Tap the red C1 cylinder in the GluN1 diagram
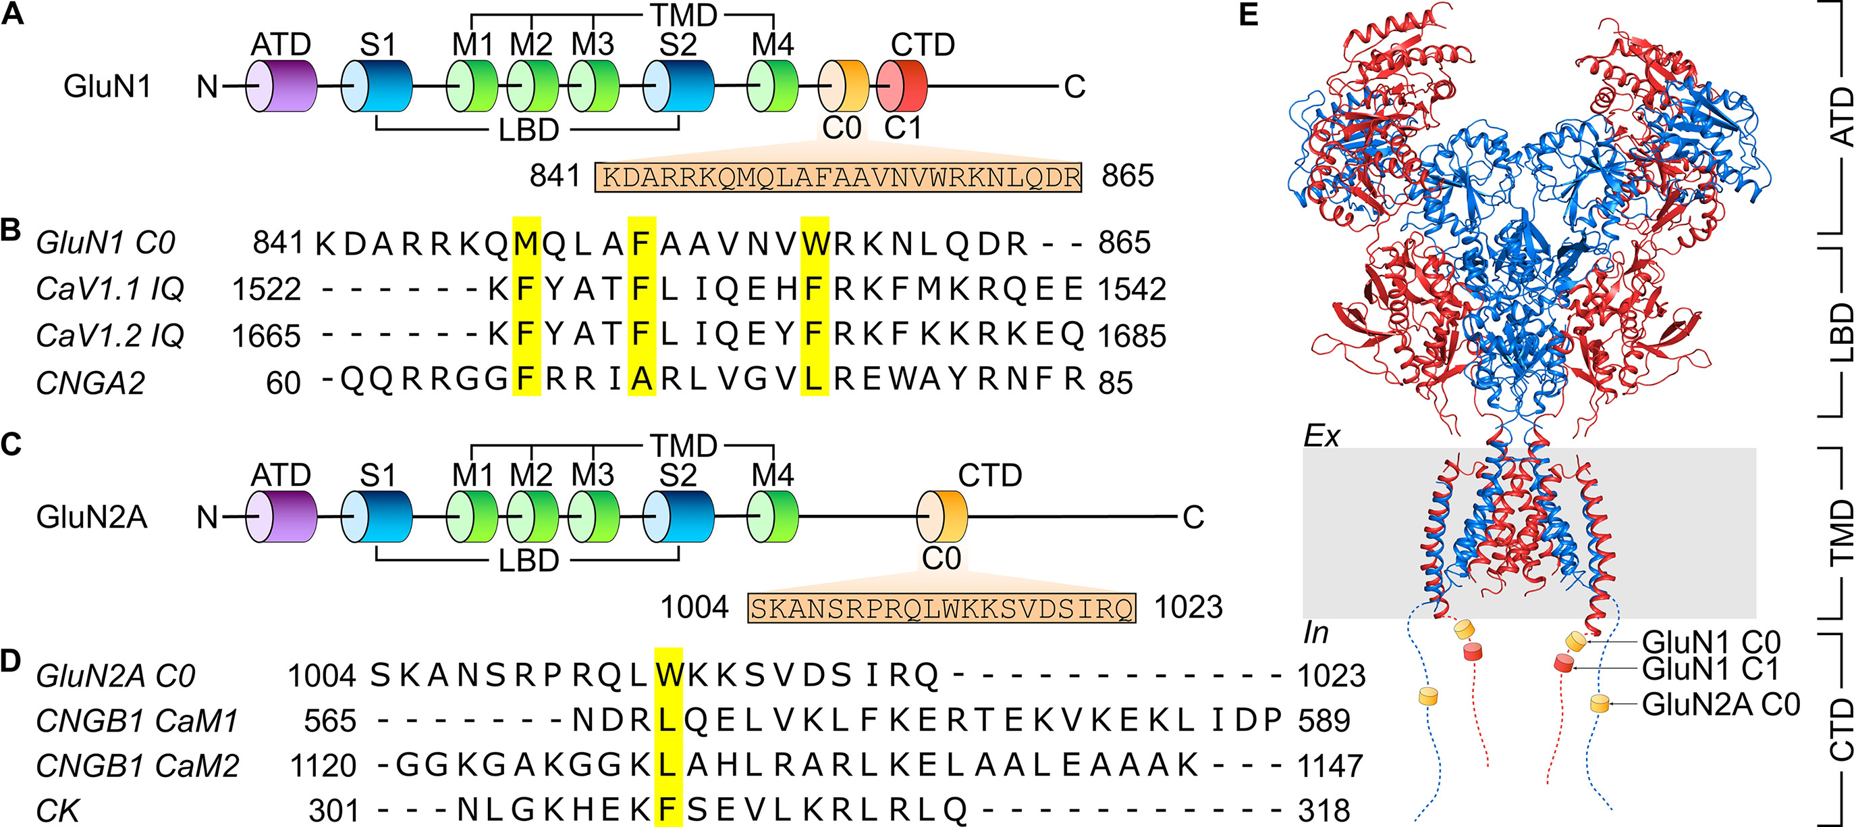coord(902,86)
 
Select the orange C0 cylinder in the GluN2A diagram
coord(941,517)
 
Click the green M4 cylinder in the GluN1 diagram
coord(772,86)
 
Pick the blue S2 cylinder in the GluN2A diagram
coord(678,517)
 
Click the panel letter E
coord(1249,14)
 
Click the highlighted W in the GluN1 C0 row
coord(815,243)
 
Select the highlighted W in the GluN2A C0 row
coord(668,676)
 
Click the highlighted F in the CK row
coord(668,810)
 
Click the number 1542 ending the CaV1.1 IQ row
coord(1131,289)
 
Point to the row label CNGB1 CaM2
coord(137,765)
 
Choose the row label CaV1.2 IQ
coord(110,335)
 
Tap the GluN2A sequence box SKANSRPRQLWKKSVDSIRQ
coord(941,608)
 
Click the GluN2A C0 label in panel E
coord(1720,705)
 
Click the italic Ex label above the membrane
coord(1322,436)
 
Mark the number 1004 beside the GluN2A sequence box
coord(694,607)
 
